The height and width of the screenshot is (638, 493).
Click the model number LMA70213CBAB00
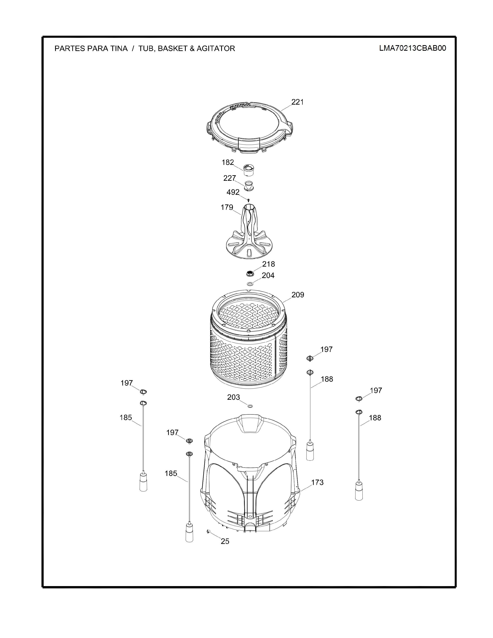point(413,48)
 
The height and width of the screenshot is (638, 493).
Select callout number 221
point(297,102)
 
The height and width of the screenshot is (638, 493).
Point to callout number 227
point(229,178)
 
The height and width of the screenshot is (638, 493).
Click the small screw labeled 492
point(248,200)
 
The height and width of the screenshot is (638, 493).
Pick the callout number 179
point(227,207)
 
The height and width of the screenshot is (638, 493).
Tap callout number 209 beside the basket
point(298,295)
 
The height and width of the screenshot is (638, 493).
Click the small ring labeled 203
point(250,406)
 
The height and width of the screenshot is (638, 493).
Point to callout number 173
point(317,482)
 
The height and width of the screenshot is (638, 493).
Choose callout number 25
point(225,541)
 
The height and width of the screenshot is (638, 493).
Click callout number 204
point(268,275)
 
